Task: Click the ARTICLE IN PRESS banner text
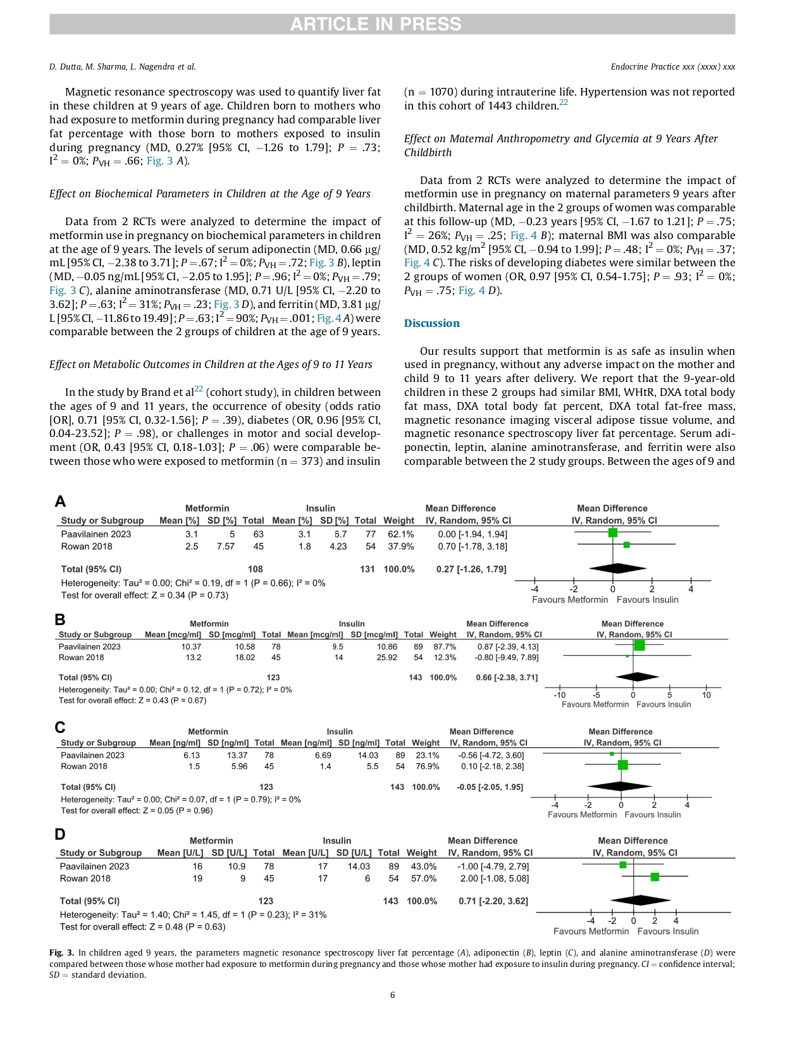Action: pyautogui.click(x=376, y=24)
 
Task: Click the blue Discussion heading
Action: pyautogui.click(x=432, y=323)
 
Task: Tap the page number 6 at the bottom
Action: pyautogui.click(x=392, y=995)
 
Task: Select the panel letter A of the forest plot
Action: pyautogui.click(x=60, y=501)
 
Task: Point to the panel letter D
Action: pyautogui.click(x=60, y=834)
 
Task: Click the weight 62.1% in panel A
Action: pyautogui.click(x=401, y=534)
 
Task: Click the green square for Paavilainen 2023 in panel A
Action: pyautogui.click(x=612, y=532)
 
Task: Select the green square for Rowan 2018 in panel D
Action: pyautogui.click(x=655, y=877)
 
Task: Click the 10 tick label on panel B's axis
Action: pyautogui.click(x=706, y=695)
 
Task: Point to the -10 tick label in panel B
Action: pyautogui.click(x=560, y=695)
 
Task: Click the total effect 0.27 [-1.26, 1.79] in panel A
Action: pyautogui.click(x=471, y=569)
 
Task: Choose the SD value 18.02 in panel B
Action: pyautogui.click(x=245, y=658)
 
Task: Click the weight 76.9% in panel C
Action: pyautogui.click(x=427, y=766)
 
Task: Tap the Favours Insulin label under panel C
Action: pyautogui.click(x=653, y=815)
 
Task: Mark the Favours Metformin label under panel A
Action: pyautogui.click(x=570, y=600)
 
